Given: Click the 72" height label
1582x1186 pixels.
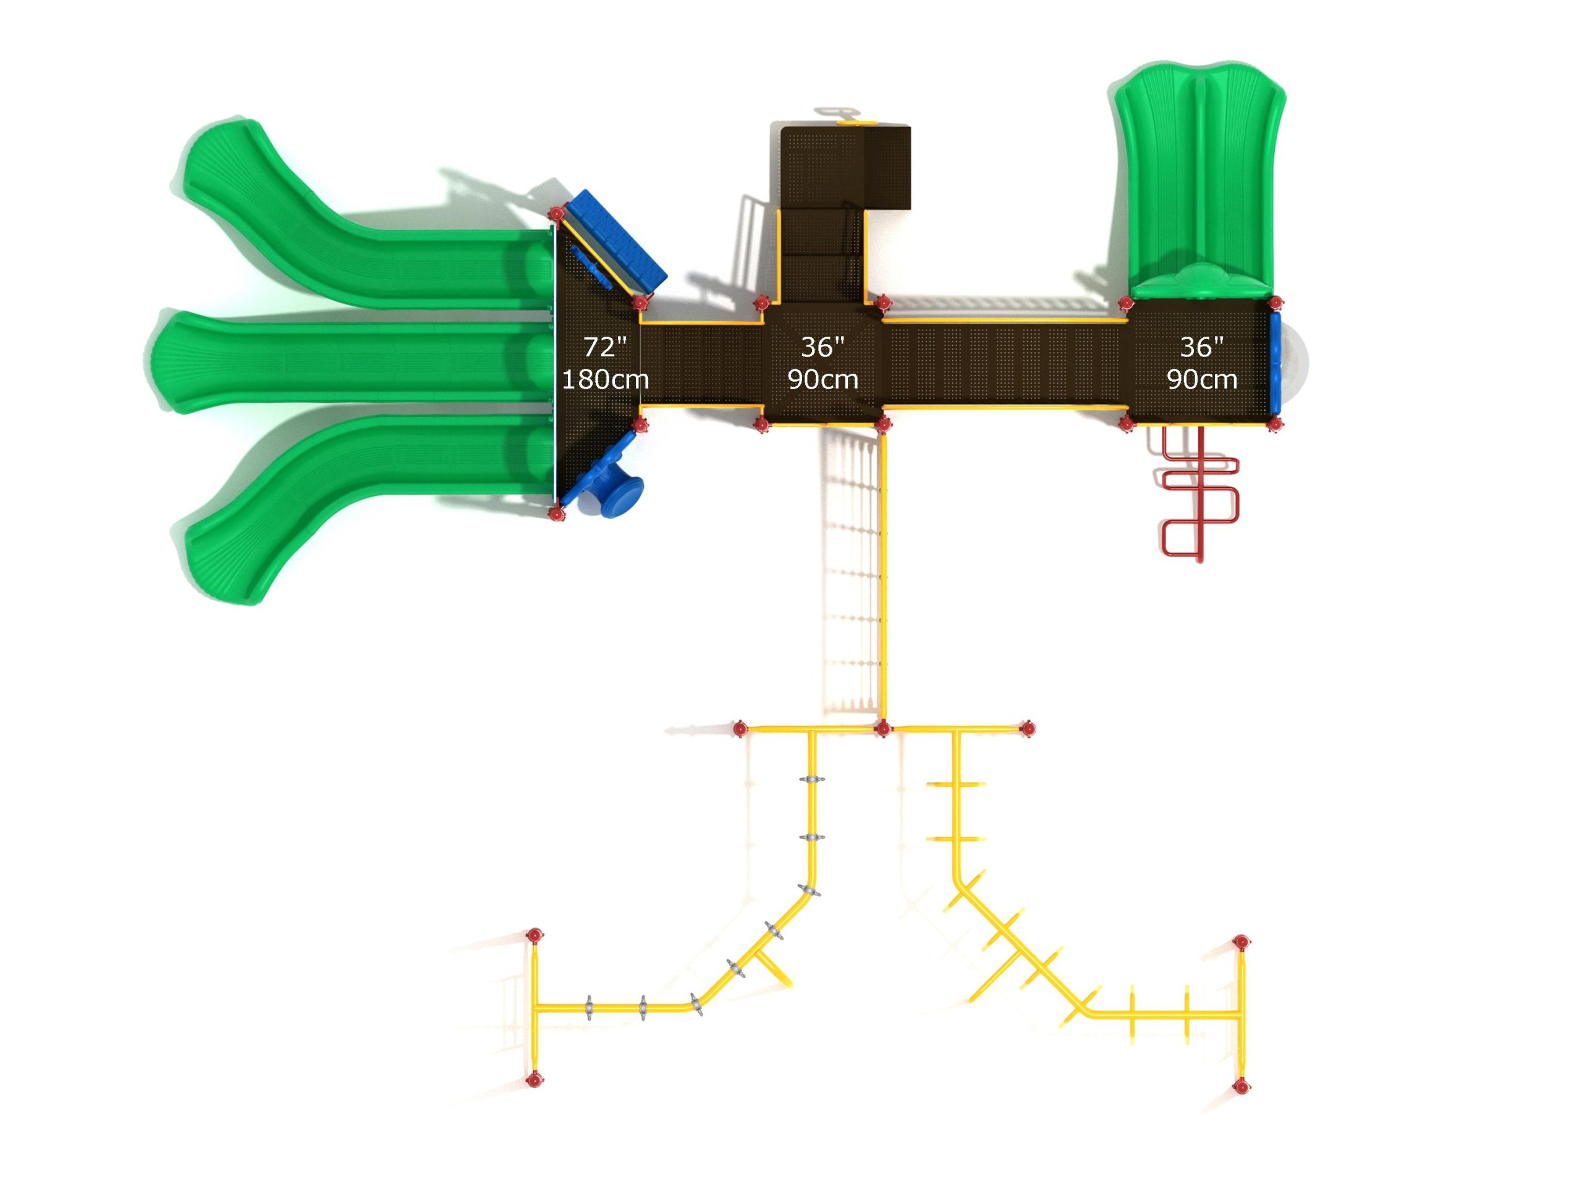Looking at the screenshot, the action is [x=605, y=347].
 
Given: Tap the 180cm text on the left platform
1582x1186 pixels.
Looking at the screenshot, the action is [x=605, y=379].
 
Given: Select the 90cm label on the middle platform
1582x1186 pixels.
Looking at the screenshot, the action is [x=823, y=379].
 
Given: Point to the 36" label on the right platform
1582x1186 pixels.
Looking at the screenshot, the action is [x=1201, y=347].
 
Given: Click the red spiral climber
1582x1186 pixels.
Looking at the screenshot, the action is [x=1199, y=494].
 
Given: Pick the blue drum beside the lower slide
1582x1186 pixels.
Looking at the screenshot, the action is [x=606, y=487].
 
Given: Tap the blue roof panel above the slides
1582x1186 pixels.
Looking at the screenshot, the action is [x=614, y=243].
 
